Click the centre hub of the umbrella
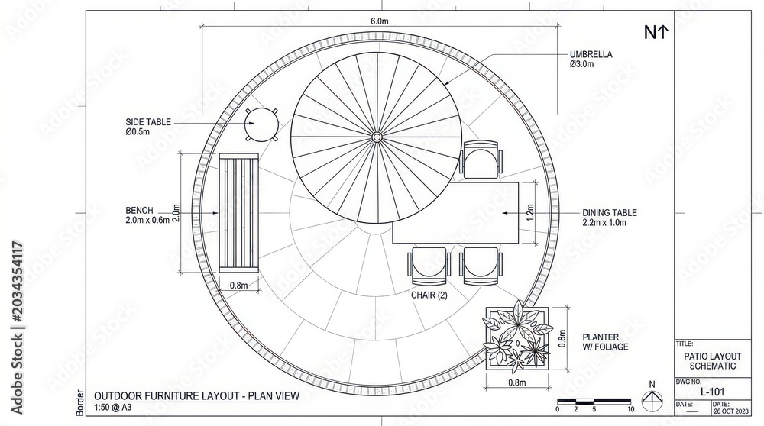coord(377,137)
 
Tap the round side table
coord(261,124)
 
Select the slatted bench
coord(238,213)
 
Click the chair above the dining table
coord(481,160)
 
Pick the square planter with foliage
coord(517,337)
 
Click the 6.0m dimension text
coord(380,21)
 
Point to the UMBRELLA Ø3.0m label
coord(591,60)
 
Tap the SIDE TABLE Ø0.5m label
coord(148,127)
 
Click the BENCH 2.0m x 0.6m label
coord(147,215)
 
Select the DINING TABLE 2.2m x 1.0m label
coord(610,218)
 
